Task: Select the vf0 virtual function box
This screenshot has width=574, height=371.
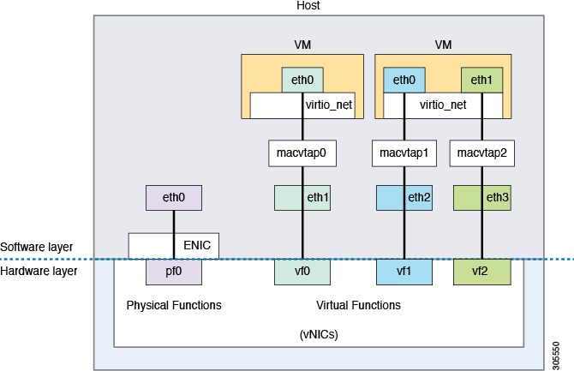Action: pyautogui.click(x=302, y=272)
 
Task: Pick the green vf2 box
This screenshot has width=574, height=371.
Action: pyautogui.click(x=482, y=272)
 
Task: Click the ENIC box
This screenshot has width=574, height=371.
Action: pyautogui.click(x=174, y=245)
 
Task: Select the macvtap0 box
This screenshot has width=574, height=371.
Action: pyautogui.click(x=302, y=153)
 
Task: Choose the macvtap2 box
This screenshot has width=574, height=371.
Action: pyautogui.click(x=482, y=153)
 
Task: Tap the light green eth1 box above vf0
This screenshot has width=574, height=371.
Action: pyautogui.click(x=302, y=198)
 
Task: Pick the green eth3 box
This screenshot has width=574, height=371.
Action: pyautogui.click(x=482, y=198)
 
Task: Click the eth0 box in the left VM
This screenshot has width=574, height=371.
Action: pyautogui.click(x=302, y=81)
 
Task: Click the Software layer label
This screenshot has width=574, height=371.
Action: pyautogui.click(x=36, y=247)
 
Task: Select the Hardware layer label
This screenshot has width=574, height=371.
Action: pyautogui.click(x=38, y=271)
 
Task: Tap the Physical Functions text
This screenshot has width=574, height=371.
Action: pyautogui.click(x=174, y=305)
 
